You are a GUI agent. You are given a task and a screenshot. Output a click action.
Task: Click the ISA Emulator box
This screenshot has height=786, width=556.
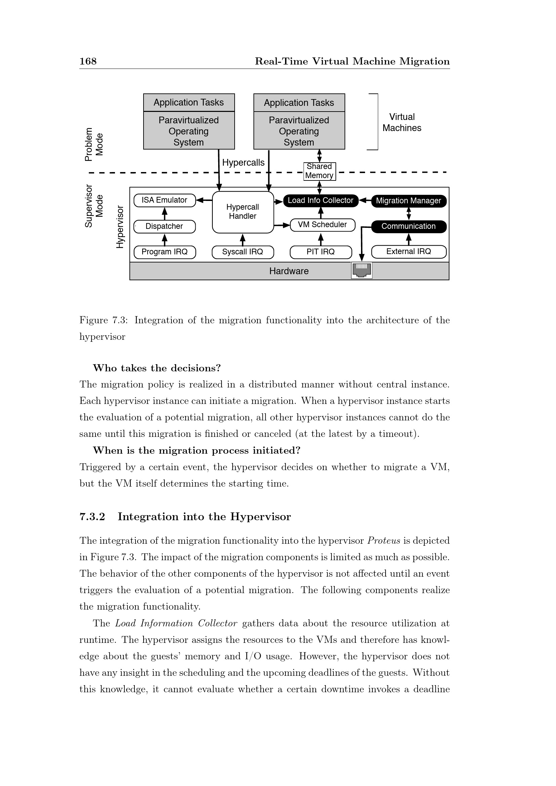(164, 200)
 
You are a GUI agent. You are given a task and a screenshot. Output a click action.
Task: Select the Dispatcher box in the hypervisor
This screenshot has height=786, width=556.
(164, 226)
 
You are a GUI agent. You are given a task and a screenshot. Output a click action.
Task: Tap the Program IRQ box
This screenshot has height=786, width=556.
(164, 252)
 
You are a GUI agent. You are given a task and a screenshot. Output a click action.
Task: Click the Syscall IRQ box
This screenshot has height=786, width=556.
(243, 252)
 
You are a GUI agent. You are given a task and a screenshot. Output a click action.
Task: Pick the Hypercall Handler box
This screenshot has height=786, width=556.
(243, 212)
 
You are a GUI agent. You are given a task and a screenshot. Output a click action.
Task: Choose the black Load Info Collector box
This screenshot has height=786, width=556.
(320, 201)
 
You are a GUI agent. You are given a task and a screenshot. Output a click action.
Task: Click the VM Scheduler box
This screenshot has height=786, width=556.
(322, 225)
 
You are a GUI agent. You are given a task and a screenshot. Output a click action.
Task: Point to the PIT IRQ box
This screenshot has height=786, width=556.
(320, 252)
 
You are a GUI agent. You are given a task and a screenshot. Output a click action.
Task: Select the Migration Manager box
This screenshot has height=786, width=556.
(408, 201)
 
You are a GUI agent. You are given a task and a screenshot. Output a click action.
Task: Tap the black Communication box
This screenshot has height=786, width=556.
(408, 226)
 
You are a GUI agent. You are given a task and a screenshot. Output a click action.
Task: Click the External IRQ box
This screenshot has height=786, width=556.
(408, 252)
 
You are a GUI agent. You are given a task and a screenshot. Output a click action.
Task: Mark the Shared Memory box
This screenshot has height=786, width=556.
(319, 171)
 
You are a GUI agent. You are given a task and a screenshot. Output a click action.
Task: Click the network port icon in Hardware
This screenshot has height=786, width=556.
(362, 271)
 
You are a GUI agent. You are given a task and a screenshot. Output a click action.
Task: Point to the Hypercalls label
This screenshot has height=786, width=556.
(243, 163)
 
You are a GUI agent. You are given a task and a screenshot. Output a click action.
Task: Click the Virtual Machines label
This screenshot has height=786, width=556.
(402, 123)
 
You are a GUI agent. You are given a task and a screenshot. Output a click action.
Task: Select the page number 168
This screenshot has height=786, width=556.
(88, 61)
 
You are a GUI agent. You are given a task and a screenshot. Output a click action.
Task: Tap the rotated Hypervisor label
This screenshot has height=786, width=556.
(120, 226)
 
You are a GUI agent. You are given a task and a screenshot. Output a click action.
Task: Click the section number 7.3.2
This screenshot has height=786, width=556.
(92, 516)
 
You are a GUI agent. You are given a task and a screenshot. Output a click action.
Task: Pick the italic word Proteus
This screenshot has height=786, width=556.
(384, 541)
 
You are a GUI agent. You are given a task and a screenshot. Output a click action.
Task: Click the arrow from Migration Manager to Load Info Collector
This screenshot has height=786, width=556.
(365, 200)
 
